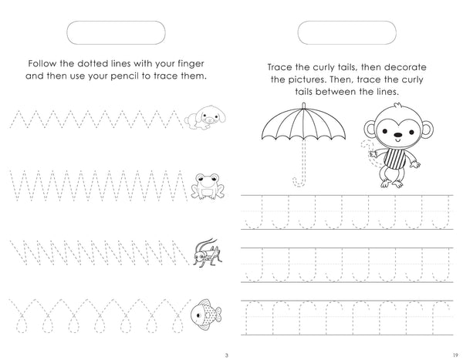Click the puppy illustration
pyautogui.click(x=205, y=118)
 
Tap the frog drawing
pyautogui.click(x=208, y=186)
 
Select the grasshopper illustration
pyautogui.click(x=208, y=253)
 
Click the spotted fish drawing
pyautogui.click(x=206, y=315)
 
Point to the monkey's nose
pyautogui.click(x=398, y=135)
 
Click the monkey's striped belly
pyautogui.click(x=394, y=159)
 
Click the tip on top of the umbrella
pyautogui.click(x=304, y=106)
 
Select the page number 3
pyautogui.click(x=226, y=355)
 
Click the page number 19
pyautogui.click(x=455, y=355)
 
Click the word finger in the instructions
pyautogui.click(x=191, y=64)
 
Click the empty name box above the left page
pyautogui.click(x=116, y=32)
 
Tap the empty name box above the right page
pyautogui.click(x=347, y=32)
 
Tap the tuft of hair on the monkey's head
pyautogui.click(x=397, y=106)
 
